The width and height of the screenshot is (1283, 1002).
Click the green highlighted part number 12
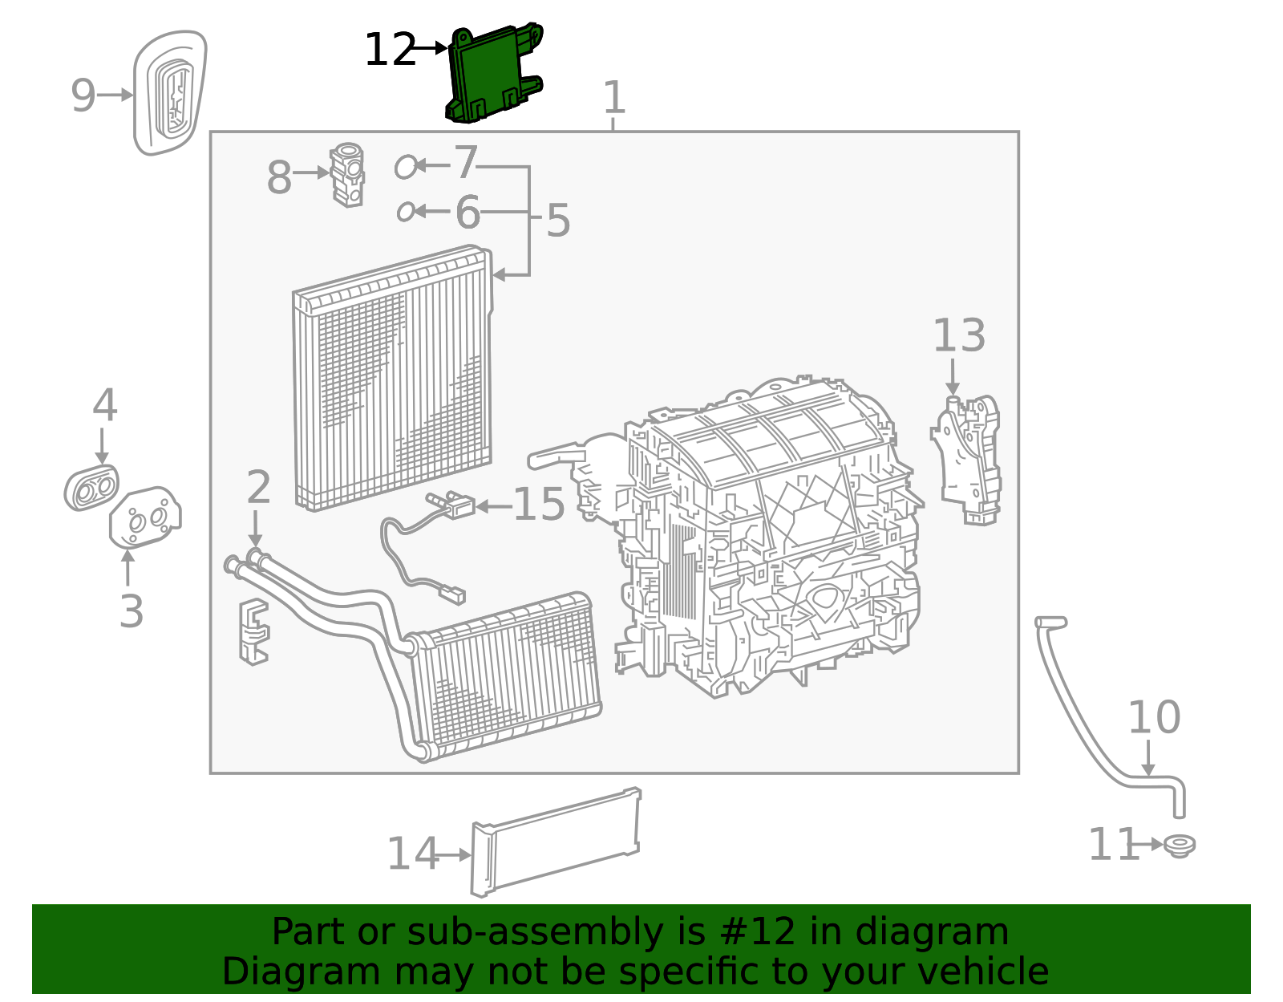coord(491,74)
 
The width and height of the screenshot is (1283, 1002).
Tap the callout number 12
coord(390,50)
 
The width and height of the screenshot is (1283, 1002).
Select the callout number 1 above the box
coord(613,98)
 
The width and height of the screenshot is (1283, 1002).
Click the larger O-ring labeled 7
coord(406,167)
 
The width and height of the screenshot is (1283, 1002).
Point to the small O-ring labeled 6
coord(406,212)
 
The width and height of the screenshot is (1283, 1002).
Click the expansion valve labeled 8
coord(348,175)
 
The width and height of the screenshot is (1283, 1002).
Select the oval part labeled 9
coord(169,92)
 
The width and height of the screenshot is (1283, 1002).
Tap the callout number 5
coord(558,220)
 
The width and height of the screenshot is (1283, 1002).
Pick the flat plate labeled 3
coord(145,517)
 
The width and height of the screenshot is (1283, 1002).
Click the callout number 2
coord(258,487)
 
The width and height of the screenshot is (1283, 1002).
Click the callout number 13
coord(958,335)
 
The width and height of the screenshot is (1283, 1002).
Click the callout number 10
coord(1154,717)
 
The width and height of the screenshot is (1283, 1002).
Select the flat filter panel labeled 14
coord(556,842)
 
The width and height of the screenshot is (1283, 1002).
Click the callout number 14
coord(412,854)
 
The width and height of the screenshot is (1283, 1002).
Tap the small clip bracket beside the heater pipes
coord(253,632)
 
